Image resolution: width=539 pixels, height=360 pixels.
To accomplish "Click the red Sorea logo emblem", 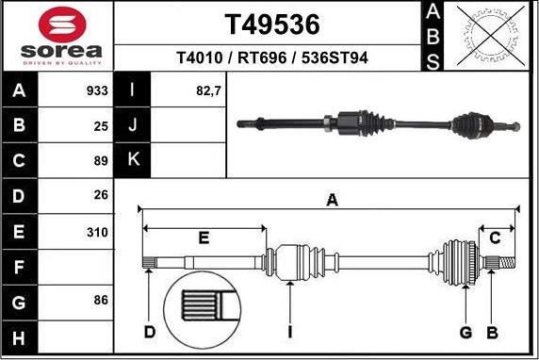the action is [x=62, y=25].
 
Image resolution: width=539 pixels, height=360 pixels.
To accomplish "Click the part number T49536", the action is [x=272, y=25].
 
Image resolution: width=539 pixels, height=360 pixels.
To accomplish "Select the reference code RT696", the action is [x=262, y=57].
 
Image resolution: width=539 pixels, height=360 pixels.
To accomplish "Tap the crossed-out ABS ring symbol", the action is [x=491, y=36].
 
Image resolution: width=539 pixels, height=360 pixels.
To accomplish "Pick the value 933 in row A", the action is [x=97, y=90].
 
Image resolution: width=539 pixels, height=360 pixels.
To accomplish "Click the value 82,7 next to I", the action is [x=208, y=91].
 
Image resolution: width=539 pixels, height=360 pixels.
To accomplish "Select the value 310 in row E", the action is [x=97, y=233].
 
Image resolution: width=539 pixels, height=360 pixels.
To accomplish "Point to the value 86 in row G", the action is [x=101, y=300].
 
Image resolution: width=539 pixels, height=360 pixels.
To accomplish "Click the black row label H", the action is [x=19, y=337].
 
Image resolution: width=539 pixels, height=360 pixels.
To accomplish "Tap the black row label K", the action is [x=132, y=159].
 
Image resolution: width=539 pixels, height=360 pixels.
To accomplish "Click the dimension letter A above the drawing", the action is [x=332, y=200].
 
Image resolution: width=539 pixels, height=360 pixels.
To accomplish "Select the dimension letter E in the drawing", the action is [x=204, y=237].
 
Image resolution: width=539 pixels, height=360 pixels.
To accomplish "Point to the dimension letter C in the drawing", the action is [x=495, y=237].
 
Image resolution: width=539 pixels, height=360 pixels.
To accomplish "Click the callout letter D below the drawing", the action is [x=150, y=332].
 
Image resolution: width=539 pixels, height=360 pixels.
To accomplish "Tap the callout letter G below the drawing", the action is [x=465, y=333].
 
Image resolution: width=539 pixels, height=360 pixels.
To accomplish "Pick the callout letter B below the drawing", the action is [x=492, y=333].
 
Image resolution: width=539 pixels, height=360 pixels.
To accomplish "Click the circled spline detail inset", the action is [x=202, y=309].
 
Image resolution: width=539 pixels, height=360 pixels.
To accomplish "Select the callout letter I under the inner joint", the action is [x=290, y=332].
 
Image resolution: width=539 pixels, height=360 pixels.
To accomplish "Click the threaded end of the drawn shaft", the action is [x=507, y=263].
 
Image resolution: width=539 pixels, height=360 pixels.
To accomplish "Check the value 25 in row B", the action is [x=101, y=126].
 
